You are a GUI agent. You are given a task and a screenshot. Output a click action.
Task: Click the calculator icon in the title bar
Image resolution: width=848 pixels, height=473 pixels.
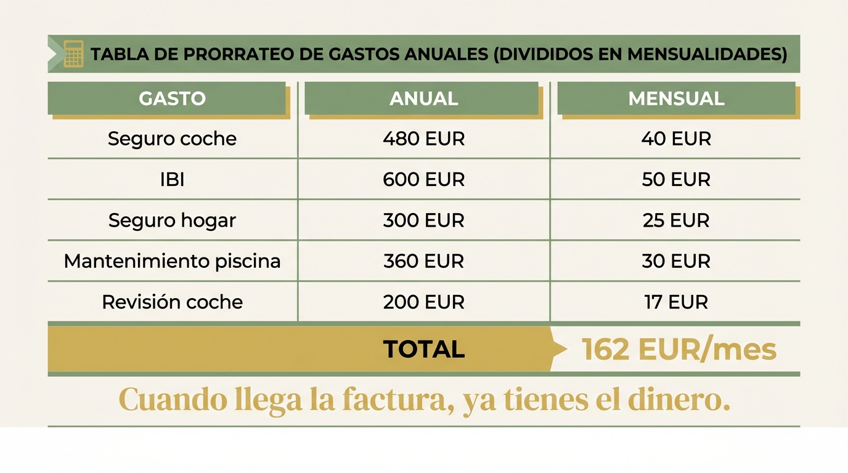73,54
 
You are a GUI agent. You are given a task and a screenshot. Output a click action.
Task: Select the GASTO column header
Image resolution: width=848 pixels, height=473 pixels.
172,99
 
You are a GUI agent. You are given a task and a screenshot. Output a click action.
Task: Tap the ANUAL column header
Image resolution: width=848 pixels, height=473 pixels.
423,99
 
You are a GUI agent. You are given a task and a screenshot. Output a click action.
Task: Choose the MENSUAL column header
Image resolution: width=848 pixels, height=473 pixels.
676,99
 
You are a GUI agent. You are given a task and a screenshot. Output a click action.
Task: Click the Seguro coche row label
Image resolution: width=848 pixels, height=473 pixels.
172,139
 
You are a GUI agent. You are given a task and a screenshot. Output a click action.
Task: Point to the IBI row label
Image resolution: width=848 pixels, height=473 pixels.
172,179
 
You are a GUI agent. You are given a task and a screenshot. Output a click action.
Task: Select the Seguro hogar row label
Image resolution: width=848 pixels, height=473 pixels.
172,220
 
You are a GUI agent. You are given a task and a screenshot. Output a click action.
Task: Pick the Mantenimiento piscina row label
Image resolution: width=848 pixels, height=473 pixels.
172,261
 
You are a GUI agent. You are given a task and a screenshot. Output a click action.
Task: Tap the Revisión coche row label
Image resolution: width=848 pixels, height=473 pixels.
172,302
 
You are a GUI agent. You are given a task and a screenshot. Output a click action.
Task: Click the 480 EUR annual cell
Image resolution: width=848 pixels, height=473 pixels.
423,139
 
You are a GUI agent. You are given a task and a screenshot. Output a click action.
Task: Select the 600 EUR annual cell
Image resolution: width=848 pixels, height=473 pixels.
423,179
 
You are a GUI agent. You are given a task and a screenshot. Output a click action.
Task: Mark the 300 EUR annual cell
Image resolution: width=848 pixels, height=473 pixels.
423,220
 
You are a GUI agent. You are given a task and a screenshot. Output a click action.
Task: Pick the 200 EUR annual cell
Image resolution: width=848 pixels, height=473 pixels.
423,302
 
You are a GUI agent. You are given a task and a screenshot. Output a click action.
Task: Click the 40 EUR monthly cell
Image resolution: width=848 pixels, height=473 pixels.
676,139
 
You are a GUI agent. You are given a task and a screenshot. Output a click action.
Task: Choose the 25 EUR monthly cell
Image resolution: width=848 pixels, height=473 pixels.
676,220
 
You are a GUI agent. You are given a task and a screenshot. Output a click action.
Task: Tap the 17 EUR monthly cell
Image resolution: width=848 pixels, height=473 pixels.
676,302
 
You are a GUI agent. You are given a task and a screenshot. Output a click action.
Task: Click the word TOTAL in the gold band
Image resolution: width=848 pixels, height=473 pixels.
423,349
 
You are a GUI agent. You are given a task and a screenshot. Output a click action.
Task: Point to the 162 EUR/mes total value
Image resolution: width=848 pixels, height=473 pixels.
679,349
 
